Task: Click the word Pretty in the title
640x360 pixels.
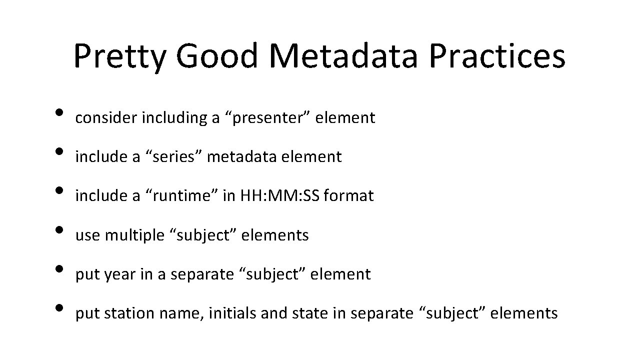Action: [119, 56]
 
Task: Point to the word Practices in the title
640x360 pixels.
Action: [497, 56]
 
